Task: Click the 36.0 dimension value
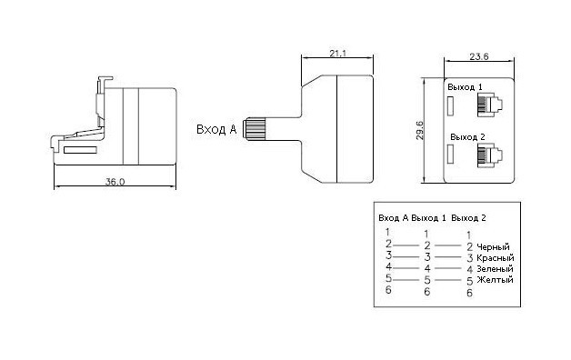115,181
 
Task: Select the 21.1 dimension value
338,54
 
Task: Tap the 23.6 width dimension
479,56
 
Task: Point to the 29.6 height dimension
419,131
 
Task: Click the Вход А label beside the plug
216,129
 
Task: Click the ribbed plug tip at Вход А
254,128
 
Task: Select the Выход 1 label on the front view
465,87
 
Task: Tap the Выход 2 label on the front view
467,137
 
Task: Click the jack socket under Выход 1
490,105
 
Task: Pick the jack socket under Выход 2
490,155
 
